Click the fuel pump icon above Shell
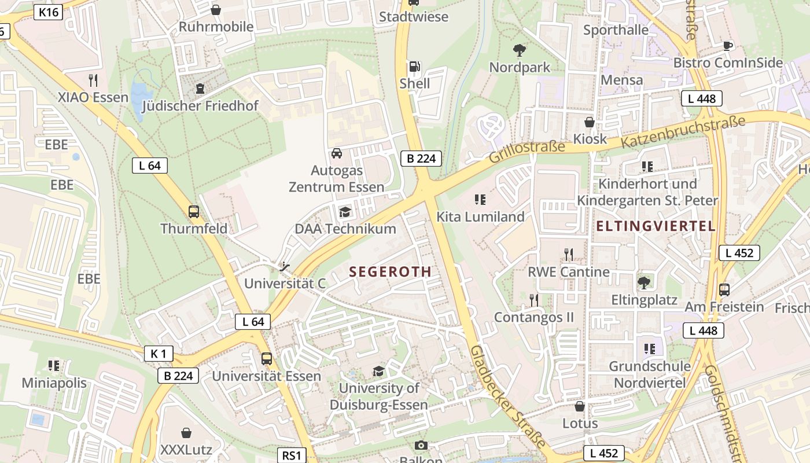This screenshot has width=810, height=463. pos(414,67)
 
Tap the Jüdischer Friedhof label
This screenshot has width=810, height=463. pos(200,106)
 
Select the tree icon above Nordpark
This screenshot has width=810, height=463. pos(520,50)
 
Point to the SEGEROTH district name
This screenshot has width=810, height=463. pos(391,271)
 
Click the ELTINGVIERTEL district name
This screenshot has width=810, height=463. pos(656,226)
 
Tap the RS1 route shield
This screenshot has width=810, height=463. pos(292,455)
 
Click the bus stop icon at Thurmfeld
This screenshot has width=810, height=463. pos(194,212)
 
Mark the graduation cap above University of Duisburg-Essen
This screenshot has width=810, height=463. pos(378,371)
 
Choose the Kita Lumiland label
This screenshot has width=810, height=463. pos(480,217)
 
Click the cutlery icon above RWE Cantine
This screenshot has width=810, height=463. pos(569,255)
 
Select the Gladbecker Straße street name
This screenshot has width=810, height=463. pos(508,396)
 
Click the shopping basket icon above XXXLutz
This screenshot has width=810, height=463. pos(186,433)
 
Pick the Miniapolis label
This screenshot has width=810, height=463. pos(54,383)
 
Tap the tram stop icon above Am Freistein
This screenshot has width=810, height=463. pos(724,290)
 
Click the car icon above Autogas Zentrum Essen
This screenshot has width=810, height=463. pos(336,153)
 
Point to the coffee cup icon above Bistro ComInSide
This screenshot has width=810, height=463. pos(728,46)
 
